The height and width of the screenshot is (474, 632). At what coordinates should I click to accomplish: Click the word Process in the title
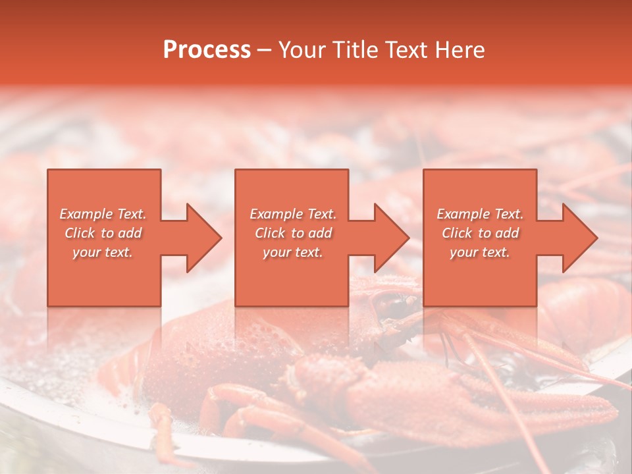207,49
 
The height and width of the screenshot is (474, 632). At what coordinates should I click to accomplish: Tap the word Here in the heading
461,49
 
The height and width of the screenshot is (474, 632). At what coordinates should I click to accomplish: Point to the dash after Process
265,50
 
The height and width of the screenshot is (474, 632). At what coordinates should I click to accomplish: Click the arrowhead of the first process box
204,238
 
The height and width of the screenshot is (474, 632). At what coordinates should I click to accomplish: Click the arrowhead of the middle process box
392,238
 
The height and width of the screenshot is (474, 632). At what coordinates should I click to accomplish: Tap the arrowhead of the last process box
580,238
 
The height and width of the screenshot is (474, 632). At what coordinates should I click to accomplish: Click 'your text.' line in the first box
103,252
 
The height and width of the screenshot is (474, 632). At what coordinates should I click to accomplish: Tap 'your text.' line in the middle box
293,252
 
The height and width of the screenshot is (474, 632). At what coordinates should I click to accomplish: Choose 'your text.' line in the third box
480,252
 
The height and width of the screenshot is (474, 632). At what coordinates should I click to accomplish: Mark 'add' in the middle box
320,233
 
